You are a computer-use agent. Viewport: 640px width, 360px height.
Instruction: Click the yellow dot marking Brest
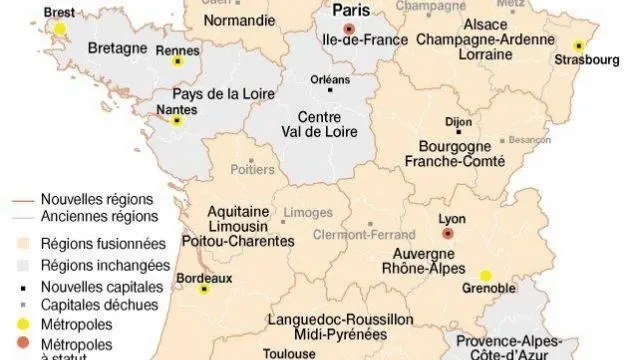(60, 28)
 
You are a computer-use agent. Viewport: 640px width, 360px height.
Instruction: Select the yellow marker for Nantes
(177, 121)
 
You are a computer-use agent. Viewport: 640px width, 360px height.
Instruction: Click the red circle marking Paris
(348, 29)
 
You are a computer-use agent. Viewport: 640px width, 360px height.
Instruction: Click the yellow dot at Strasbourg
(578, 45)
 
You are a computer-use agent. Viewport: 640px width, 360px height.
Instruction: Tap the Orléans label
(331, 80)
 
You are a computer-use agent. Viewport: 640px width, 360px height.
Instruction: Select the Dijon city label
(458, 122)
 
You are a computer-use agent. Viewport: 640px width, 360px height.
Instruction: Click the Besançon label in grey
(529, 141)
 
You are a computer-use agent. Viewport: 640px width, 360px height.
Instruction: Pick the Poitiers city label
(251, 171)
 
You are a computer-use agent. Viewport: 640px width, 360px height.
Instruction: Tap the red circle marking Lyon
(447, 232)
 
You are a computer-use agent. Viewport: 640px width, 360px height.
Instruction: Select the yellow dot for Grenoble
(486, 275)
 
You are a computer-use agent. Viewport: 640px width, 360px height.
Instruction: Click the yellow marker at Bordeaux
(204, 290)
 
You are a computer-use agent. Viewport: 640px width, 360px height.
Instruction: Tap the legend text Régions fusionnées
(104, 243)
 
